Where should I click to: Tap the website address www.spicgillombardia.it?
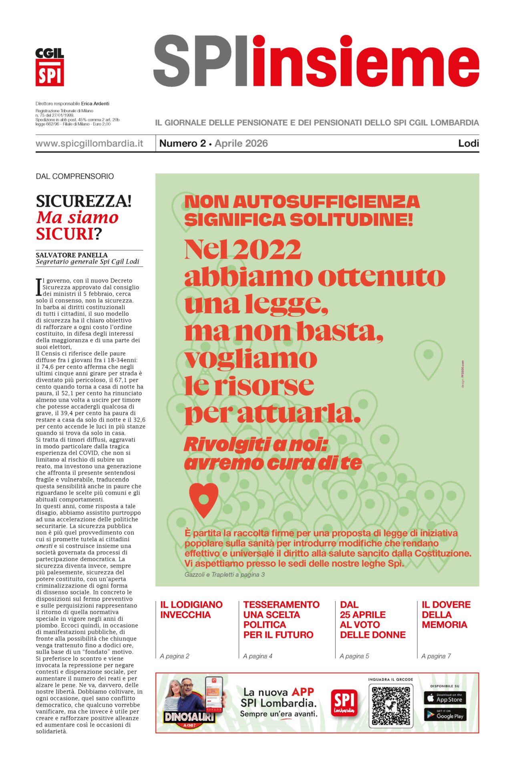[89, 143]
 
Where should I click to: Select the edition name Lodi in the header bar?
[469, 143]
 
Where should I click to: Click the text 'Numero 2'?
[182, 143]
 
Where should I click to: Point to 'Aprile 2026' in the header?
[241, 143]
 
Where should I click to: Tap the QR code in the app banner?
[390, 707]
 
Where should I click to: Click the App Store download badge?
[445, 698]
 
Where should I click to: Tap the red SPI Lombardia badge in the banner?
[344, 703]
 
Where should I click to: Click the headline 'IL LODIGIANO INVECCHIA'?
[191, 610]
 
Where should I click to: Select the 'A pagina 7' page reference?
[436, 656]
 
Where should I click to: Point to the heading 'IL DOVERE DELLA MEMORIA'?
[446, 614]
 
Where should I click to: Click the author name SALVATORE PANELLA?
[72, 255]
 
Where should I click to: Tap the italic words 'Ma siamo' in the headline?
[77, 217]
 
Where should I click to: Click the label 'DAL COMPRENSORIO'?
[75, 176]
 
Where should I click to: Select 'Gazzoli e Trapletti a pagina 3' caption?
[225, 575]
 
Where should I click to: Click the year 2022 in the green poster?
[266, 250]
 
